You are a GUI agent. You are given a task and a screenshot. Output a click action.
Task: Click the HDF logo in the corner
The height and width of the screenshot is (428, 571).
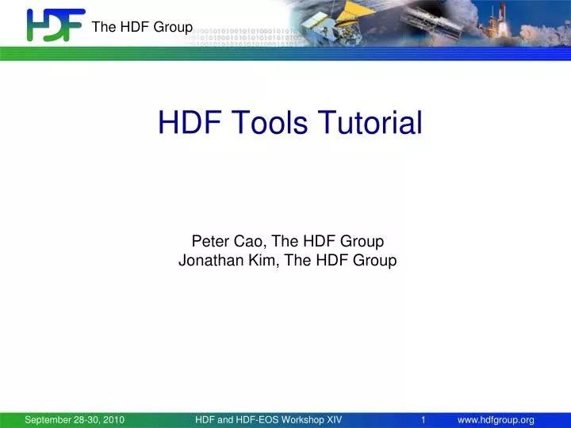click(x=55, y=25)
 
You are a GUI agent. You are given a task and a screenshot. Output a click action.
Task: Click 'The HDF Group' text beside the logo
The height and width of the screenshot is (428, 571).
click(x=142, y=28)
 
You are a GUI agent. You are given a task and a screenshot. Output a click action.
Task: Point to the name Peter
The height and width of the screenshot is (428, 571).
click(x=209, y=241)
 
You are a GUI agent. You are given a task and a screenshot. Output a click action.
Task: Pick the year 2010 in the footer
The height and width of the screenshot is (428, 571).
click(x=113, y=420)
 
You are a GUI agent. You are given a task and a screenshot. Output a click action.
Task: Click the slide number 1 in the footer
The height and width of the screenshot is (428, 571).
click(x=424, y=420)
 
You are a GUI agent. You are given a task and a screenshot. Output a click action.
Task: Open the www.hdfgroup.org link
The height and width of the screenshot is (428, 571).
click(x=501, y=420)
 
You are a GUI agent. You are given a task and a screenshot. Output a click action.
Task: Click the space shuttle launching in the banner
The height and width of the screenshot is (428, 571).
click(x=546, y=20)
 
